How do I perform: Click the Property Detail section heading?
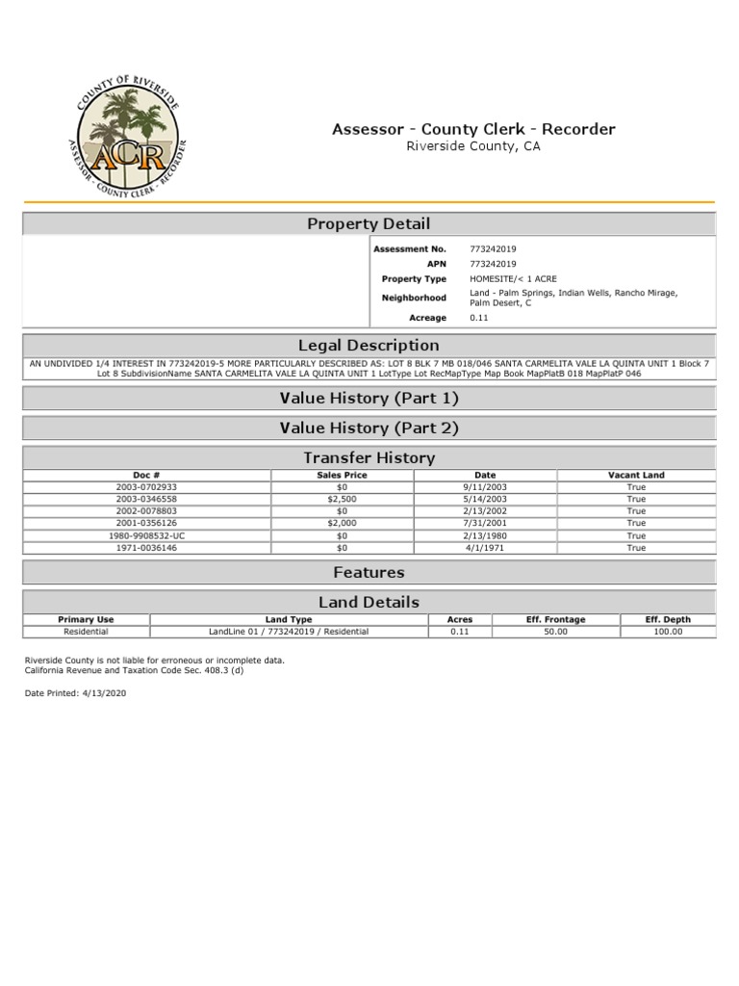[x=369, y=223]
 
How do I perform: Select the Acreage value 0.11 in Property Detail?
[x=478, y=318]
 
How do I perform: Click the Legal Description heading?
[x=369, y=345]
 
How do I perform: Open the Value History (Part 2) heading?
[x=369, y=428]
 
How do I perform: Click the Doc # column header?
[x=146, y=475]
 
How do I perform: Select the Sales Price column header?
[x=343, y=475]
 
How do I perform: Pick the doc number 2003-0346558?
[x=146, y=499]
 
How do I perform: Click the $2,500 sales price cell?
[x=343, y=499]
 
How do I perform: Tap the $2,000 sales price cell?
[x=343, y=523]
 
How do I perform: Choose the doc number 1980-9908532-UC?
[x=146, y=535]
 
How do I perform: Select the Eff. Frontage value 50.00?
[x=556, y=632]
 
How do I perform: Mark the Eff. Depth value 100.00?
[x=668, y=632]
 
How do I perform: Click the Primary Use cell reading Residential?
[x=86, y=632]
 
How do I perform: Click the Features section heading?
[x=369, y=572]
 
